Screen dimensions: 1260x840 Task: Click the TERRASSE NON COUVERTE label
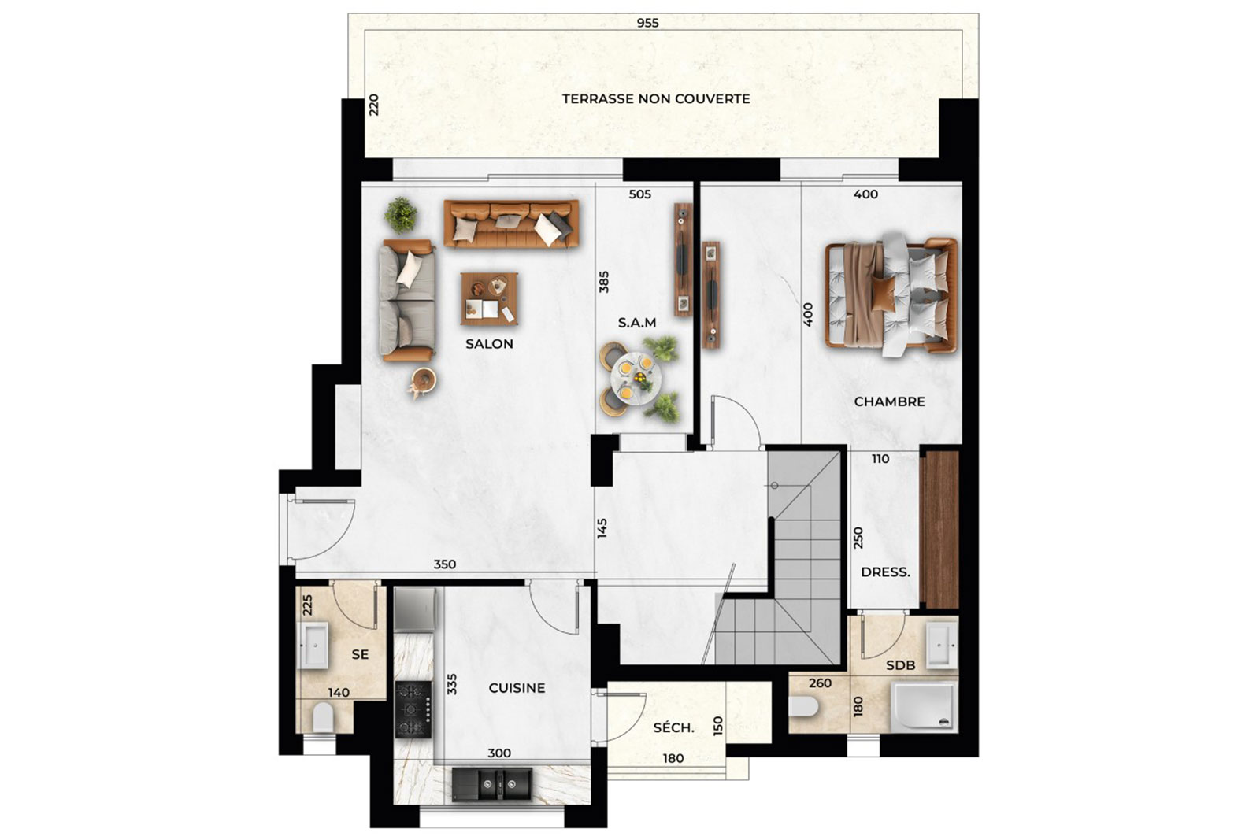coord(656,99)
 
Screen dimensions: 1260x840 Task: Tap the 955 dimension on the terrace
coord(647,23)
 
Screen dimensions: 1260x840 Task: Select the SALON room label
coord(489,343)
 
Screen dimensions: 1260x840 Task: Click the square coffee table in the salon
coord(489,299)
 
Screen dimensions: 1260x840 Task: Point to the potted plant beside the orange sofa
coord(401,214)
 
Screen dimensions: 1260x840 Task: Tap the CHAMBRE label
coord(889,401)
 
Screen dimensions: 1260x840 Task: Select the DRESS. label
coord(885,572)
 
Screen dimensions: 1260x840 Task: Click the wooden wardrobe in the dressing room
coord(940,529)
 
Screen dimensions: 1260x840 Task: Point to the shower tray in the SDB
coord(924,707)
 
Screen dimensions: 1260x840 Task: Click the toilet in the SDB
coord(803,706)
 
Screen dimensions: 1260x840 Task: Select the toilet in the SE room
coord(324,719)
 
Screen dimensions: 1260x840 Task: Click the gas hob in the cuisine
coord(413,709)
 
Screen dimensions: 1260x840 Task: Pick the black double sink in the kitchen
coord(492,784)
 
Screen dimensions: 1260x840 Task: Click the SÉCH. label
coord(673,727)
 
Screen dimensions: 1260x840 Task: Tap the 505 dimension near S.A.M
coord(639,194)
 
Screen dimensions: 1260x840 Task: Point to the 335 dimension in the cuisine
coord(452,684)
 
